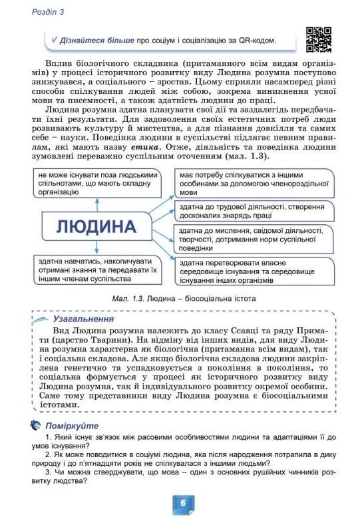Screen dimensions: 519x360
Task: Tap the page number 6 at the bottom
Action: (x=180, y=502)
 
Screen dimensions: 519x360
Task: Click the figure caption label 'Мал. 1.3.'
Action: (x=128, y=299)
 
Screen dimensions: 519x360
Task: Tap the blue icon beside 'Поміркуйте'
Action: (x=35, y=425)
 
